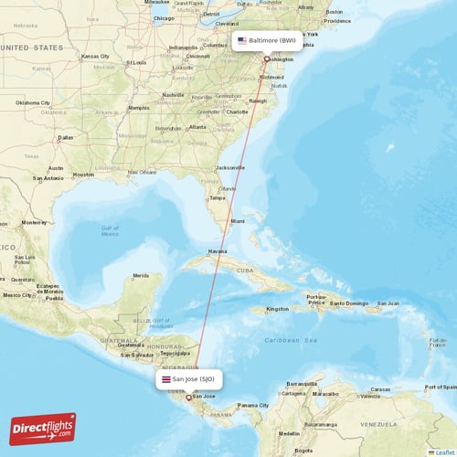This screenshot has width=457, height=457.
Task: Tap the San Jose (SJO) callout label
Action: [188, 378]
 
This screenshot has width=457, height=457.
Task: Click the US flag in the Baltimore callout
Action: [242, 41]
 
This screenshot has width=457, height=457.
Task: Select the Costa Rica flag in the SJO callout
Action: [165, 378]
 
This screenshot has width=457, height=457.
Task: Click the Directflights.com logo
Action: [43, 428]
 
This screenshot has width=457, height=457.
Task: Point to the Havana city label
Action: [218, 251]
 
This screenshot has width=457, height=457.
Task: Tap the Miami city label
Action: [238, 221]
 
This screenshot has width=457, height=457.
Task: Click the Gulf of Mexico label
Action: [110, 230]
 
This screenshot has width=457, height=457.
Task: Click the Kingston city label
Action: [277, 309]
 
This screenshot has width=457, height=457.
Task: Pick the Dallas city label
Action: [65, 138]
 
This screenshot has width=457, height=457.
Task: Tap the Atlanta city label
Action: [197, 126]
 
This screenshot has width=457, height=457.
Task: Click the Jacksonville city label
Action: [230, 168]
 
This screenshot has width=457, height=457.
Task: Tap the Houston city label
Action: [83, 175]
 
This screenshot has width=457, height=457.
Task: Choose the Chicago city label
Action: [165, 18]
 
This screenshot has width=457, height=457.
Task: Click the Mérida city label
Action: [141, 275]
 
